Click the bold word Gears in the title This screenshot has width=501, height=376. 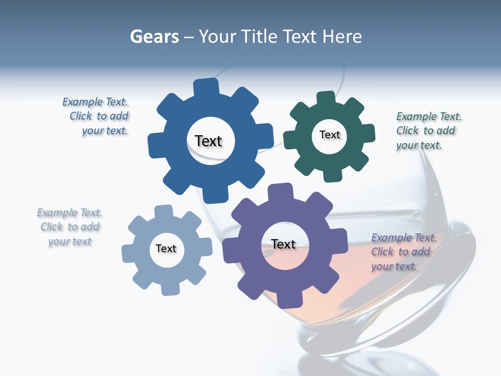click(x=154, y=37)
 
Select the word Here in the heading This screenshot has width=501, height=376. click(x=342, y=37)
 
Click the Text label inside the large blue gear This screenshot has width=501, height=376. click(x=208, y=141)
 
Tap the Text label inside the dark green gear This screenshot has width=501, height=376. click(x=329, y=135)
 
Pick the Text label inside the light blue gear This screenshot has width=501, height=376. click(x=166, y=249)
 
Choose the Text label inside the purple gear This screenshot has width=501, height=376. click(x=283, y=244)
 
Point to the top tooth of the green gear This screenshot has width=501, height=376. click(x=325, y=98)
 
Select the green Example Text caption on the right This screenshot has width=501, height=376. click(x=427, y=131)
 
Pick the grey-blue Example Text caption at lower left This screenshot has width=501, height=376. click(x=69, y=227)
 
